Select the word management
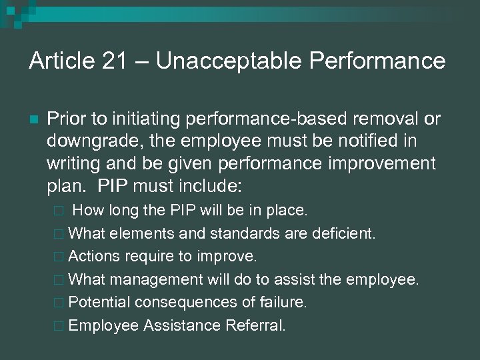(157, 279)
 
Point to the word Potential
(99, 302)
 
